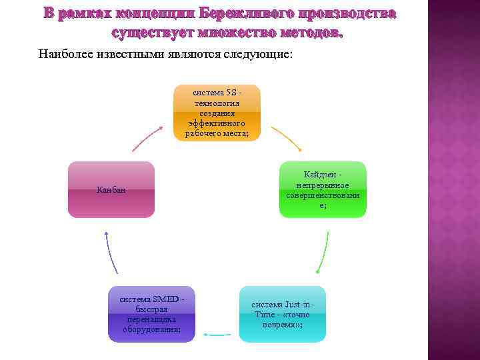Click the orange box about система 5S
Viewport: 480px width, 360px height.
click(217, 113)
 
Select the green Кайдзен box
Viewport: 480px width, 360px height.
click(323, 189)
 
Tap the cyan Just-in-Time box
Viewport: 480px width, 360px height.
click(283, 314)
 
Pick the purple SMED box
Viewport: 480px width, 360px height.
click(151, 314)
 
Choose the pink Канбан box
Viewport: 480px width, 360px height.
click(111, 189)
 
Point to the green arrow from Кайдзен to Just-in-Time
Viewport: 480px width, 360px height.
click(324, 252)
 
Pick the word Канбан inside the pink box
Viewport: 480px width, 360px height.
click(111, 191)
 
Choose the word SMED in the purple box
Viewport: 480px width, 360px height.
click(165, 298)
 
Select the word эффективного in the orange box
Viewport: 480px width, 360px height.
click(217, 123)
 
